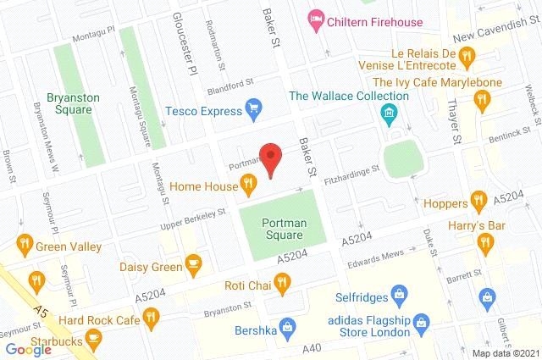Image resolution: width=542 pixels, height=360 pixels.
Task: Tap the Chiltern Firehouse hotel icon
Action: pos(315,18)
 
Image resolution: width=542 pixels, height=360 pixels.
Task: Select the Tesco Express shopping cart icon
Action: pos(252,107)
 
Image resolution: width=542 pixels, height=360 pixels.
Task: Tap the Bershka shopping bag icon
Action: pos(286,325)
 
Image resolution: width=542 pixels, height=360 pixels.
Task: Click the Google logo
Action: pos(28,349)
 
